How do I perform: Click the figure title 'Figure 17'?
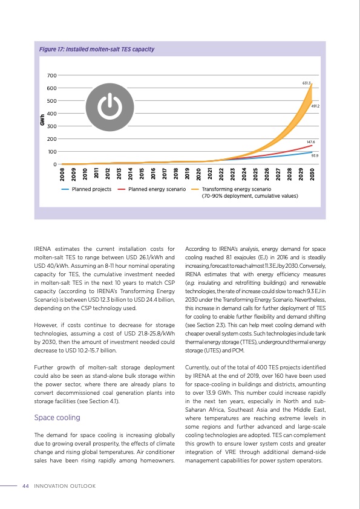[x=96, y=49]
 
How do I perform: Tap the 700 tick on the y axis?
[x=51, y=76]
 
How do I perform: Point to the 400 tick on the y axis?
[x=51, y=114]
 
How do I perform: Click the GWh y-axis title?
[x=42, y=120]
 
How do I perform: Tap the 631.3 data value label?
[x=307, y=83]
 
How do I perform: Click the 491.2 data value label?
[x=315, y=106]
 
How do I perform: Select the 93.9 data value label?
[x=315, y=155]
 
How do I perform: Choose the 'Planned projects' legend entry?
[x=91, y=190]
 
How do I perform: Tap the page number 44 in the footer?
[x=25, y=485]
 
